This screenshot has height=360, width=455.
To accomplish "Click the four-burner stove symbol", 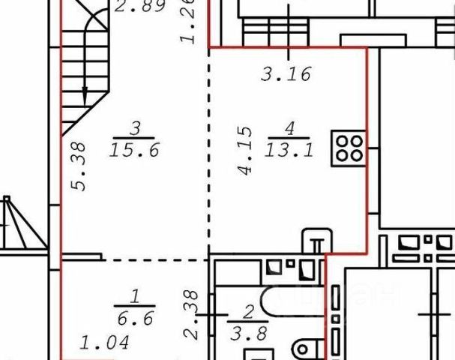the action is click(x=349, y=148).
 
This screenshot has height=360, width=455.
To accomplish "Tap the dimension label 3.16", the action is click(x=285, y=74).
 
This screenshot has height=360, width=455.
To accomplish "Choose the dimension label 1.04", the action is click(x=103, y=346).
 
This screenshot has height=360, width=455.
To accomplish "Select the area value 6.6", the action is click(x=136, y=319).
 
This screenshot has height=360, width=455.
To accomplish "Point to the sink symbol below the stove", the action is click(x=316, y=243).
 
